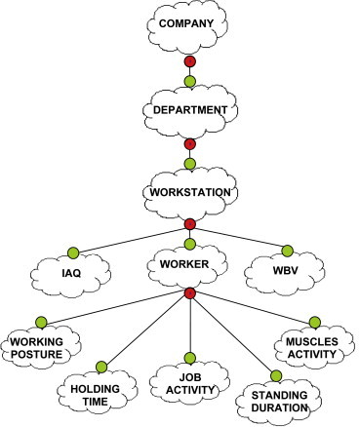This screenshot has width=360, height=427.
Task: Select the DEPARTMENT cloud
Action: pyautogui.click(x=191, y=110)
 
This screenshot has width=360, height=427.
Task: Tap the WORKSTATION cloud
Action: pyautogui.click(x=191, y=191)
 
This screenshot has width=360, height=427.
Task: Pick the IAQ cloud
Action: pyautogui.click(x=71, y=273)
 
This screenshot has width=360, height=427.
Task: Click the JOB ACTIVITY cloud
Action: pyautogui.click(x=190, y=384)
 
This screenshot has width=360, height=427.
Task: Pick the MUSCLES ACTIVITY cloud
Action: pyautogui.click(x=310, y=348)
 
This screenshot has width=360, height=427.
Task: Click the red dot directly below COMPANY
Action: pyautogui.click(x=190, y=62)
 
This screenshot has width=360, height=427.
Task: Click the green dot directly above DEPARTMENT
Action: pyautogui.click(x=190, y=79)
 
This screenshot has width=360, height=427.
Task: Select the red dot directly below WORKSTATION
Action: pyautogui.click(x=190, y=225)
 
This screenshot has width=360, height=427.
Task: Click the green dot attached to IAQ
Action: pyautogui.click(x=71, y=249)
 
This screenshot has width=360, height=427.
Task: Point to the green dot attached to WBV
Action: pyautogui.click(x=289, y=248)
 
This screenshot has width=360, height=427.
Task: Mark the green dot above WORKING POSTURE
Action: pyautogui.click(x=40, y=322)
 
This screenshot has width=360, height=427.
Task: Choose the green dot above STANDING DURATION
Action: pyautogui.click(x=276, y=376)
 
